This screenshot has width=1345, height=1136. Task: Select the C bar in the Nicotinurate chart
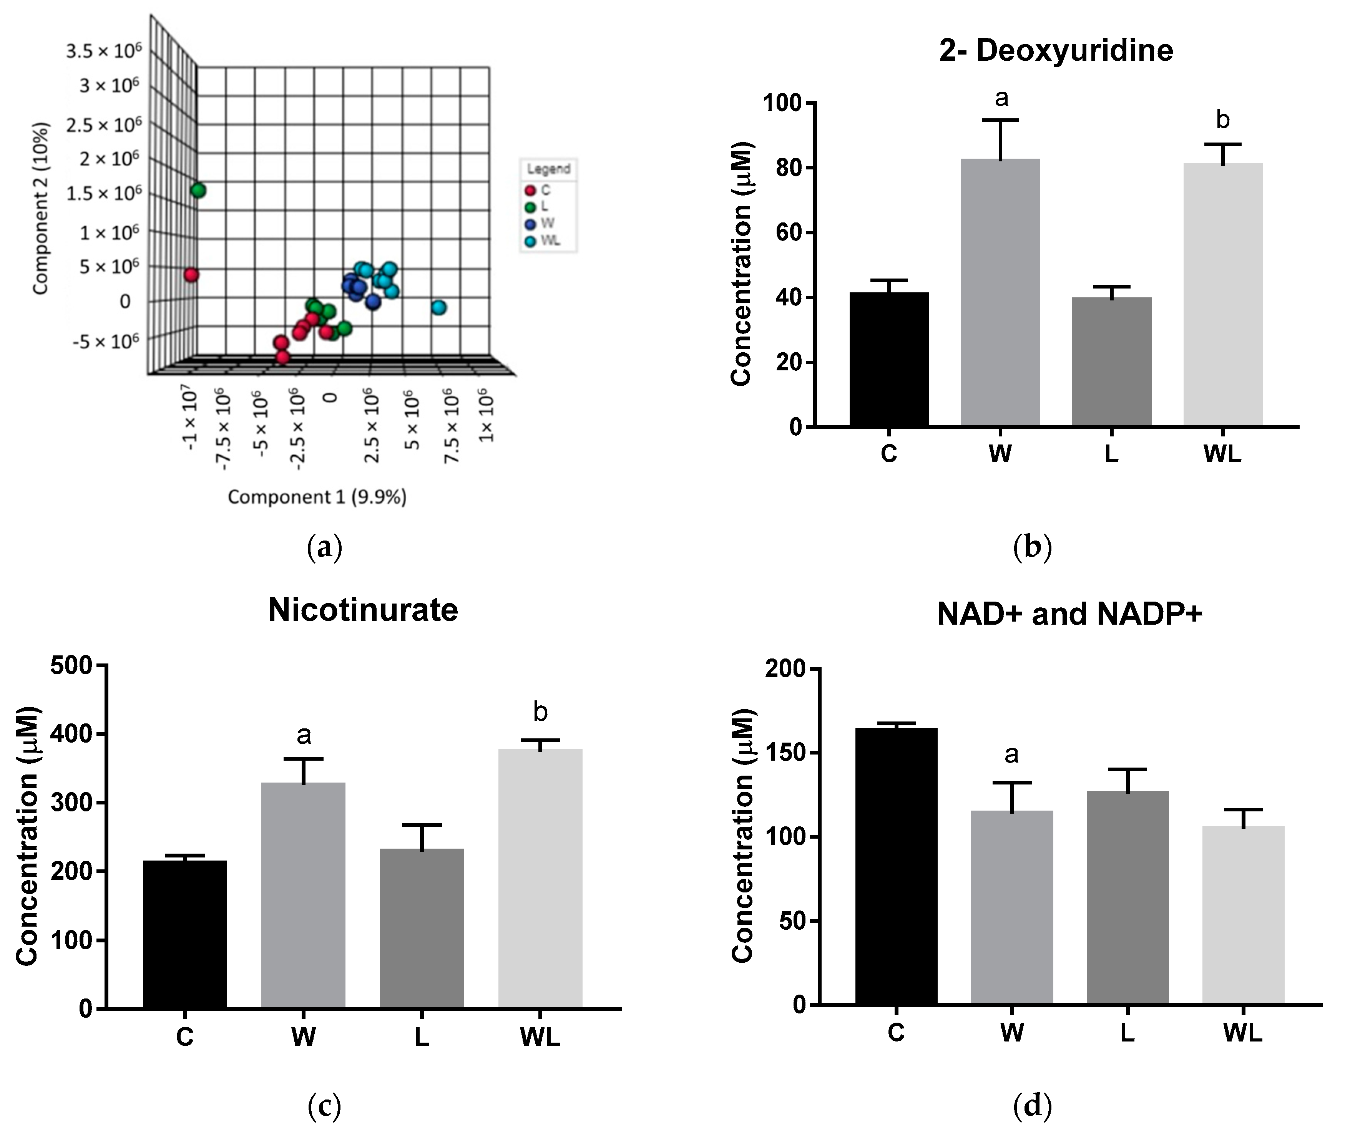[x=185, y=934]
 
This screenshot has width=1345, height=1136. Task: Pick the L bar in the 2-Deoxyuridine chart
[x=1111, y=361]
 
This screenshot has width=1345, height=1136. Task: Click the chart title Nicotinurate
[x=363, y=610]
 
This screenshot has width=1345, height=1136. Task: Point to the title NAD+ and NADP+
[x=1069, y=614]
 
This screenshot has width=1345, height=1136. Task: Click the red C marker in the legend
[x=531, y=191]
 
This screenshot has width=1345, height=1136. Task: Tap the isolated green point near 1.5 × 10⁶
[x=198, y=191]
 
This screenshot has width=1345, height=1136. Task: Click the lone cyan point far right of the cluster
[x=439, y=308]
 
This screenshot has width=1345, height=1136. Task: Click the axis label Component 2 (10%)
[x=41, y=208]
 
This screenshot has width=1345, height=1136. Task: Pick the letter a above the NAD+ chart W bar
[x=1011, y=754]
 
